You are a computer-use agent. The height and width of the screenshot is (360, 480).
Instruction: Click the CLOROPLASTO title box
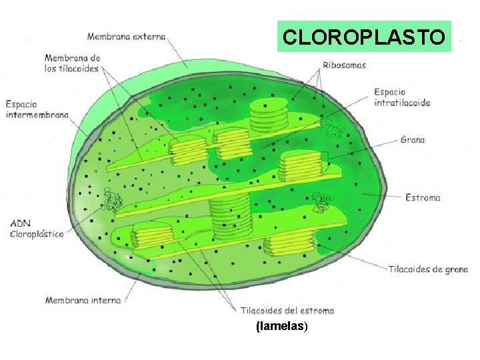pyautogui.click(x=364, y=37)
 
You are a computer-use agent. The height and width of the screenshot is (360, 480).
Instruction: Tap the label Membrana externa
pyautogui.click(x=127, y=37)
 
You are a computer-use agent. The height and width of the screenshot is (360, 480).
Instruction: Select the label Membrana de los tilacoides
pyautogui.click(x=73, y=63)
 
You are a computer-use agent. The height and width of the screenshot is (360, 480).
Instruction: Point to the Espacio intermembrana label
pyautogui.click(x=37, y=109)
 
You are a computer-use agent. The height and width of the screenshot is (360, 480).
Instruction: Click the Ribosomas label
pyautogui.click(x=344, y=65)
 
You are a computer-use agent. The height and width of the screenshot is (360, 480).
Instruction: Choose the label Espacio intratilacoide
pyautogui.click(x=402, y=97)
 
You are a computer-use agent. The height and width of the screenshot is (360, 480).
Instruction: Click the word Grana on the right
pyautogui.click(x=413, y=140)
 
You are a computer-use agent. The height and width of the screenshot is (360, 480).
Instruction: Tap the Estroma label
pyautogui.click(x=423, y=197)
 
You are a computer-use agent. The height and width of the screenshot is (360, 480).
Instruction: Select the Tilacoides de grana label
pyautogui.click(x=428, y=269)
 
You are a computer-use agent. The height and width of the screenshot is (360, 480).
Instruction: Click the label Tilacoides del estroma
pyautogui.click(x=287, y=311)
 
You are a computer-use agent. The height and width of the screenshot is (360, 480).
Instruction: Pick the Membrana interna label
pyautogui.click(x=83, y=301)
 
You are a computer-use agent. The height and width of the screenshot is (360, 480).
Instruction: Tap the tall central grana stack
pyautogui.click(x=229, y=217)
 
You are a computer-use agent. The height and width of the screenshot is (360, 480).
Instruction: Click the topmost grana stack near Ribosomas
pyautogui.click(x=269, y=115)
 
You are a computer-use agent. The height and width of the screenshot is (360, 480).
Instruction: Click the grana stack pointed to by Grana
pyautogui.click(x=301, y=167)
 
